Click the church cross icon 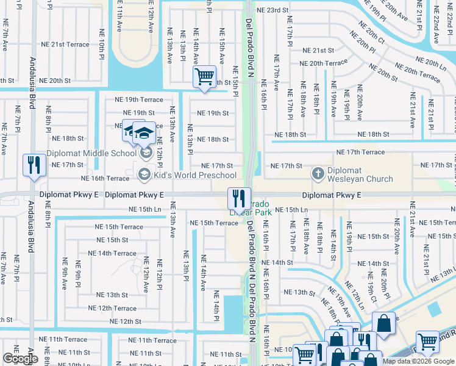tap(317, 174)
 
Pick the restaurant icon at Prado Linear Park tap(238, 198)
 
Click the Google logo tap(20, 359)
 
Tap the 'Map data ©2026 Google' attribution tap(418, 361)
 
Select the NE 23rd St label tap(272, 10)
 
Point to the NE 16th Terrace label tap(105, 178)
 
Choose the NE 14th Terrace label tap(112, 253)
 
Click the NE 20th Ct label tap(372, 34)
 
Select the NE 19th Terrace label tap(139, 99)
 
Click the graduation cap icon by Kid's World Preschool tap(144, 175)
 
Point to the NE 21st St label tap(319, 51)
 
